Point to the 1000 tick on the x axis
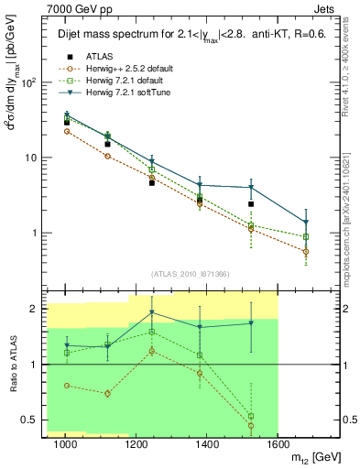click(65, 444)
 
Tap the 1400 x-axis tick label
click(208, 444)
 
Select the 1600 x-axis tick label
click(278, 444)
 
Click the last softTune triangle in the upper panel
click(306, 222)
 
